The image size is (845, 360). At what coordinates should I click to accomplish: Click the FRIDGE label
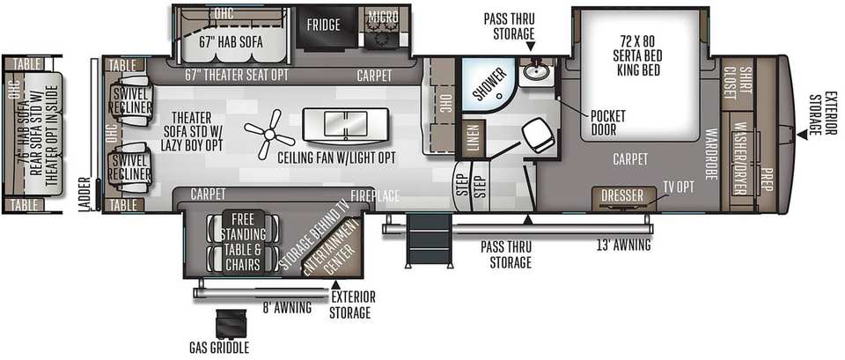click(323, 25)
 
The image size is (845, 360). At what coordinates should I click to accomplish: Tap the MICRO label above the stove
click(383, 17)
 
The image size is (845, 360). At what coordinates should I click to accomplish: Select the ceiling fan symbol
click(268, 134)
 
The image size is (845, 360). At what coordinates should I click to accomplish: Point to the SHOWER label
click(490, 84)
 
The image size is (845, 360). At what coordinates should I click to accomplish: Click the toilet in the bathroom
click(538, 135)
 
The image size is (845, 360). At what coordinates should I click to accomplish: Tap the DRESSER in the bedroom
click(622, 195)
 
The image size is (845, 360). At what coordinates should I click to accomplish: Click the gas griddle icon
click(231, 324)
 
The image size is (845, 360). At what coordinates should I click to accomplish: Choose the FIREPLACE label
click(375, 195)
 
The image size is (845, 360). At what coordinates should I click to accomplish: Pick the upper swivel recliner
click(130, 100)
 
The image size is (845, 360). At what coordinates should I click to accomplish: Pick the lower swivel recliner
click(130, 167)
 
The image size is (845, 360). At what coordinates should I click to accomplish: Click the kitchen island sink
click(345, 126)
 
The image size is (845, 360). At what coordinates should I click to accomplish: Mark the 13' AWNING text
click(623, 246)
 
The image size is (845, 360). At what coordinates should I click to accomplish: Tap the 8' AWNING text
click(287, 308)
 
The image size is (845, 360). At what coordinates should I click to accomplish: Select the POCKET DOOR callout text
click(608, 123)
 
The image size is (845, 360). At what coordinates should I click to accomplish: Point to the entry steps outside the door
click(428, 239)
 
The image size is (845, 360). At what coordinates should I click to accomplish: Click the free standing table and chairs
click(243, 242)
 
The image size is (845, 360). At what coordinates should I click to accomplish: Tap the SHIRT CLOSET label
click(737, 84)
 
